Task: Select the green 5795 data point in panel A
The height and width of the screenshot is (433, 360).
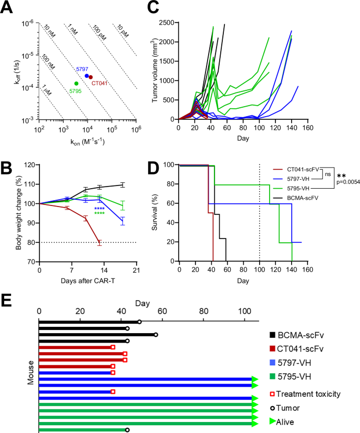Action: click(x=77, y=84)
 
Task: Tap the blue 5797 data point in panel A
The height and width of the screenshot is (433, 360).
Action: click(x=87, y=76)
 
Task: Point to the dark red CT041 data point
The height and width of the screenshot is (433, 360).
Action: click(x=91, y=77)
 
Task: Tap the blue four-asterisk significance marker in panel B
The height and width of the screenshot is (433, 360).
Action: click(x=100, y=209)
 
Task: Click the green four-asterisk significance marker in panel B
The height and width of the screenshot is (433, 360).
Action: click(x=100, y=213)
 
